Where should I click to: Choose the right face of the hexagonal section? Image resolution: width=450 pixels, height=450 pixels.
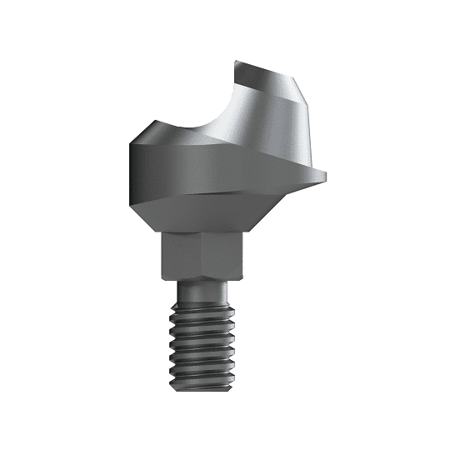[224, 254]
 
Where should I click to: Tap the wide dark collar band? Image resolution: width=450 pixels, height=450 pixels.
[192, 171]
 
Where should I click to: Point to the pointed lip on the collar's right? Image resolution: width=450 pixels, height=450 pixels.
[322, 176]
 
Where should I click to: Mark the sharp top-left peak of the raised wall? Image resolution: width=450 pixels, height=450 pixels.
[236, 62]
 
